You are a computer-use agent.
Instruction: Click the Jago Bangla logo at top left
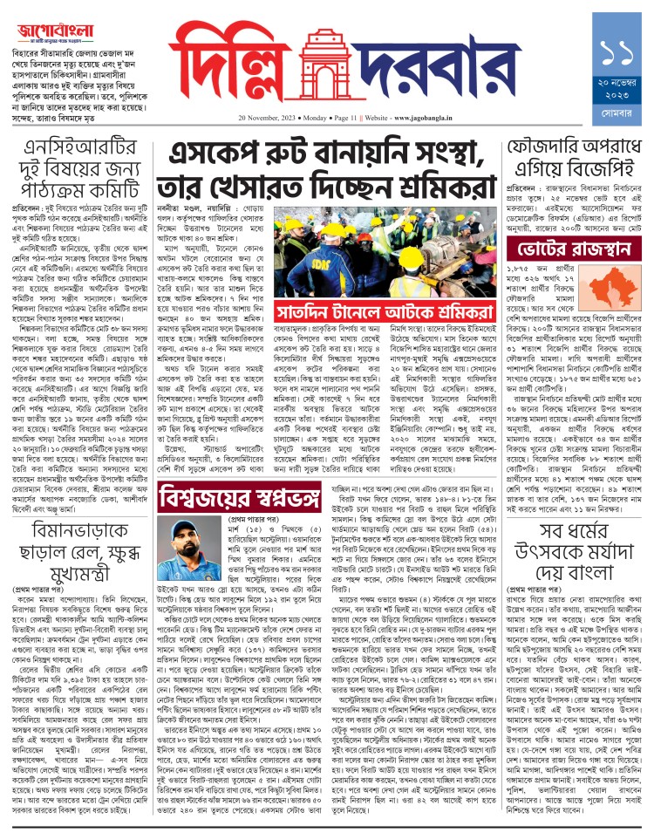point(62,30)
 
